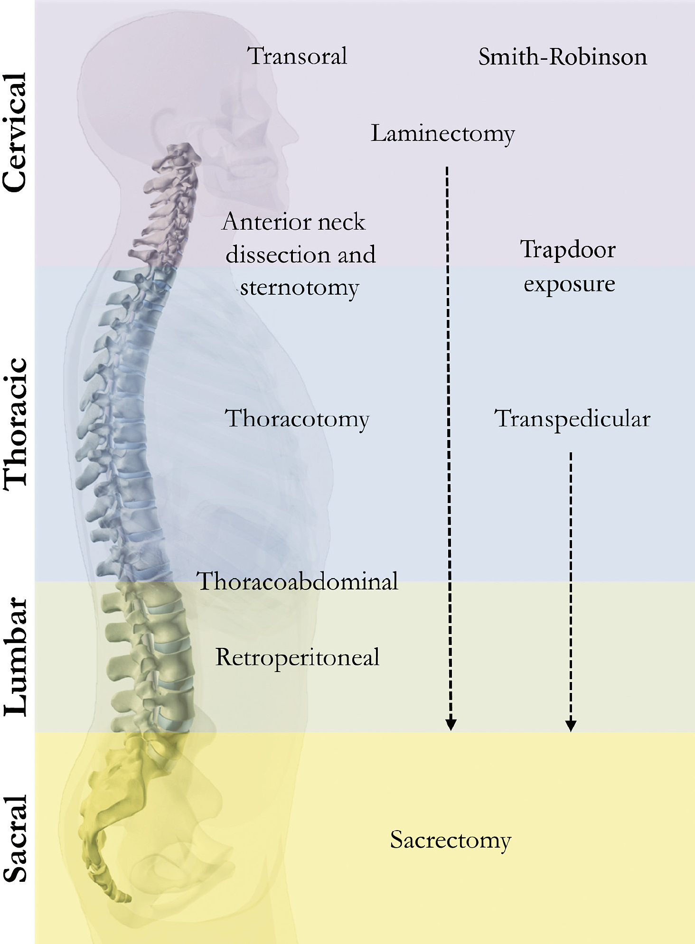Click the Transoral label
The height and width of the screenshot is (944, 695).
pos(298,56)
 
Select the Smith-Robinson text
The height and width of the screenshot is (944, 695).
pos(563,57)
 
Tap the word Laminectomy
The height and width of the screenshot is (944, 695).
pos(442,133)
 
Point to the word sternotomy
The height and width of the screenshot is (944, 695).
pos(300,288)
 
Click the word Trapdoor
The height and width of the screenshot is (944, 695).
pos(568,250)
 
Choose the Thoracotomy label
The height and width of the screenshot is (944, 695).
pos(297,419)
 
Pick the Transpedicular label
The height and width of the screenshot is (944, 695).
pos(572,419)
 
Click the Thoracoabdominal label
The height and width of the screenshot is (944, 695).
pos(298,581)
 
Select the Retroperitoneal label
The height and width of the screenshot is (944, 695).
pos(298,658)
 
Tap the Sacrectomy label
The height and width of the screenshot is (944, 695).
pos(451,841)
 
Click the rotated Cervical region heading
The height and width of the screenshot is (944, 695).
pos(14,133)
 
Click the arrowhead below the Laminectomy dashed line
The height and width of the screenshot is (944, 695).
pos(451,724)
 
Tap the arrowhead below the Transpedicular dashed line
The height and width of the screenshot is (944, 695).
pos(571,725)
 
